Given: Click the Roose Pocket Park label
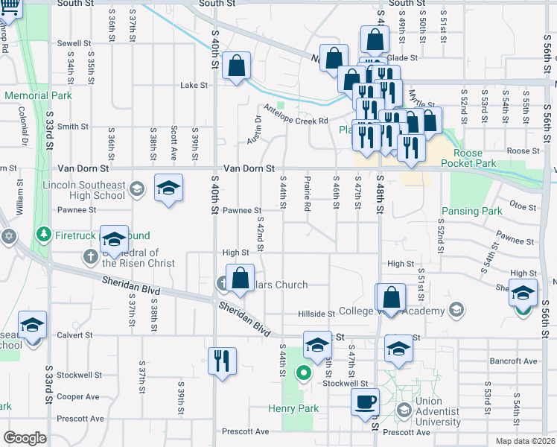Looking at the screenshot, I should pos(468,158).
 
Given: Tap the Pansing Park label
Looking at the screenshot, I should pos(471,212).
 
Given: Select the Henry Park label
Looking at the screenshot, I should pos(294,408).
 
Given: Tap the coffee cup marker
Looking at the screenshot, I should pos(365,402).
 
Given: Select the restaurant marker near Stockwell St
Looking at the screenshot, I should pos(223,361).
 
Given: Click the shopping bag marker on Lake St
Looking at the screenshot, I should pos(237,66).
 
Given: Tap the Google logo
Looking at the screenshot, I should pos(25,438).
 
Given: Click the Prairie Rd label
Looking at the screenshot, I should pos(307,193).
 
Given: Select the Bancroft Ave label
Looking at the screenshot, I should pos(513,361).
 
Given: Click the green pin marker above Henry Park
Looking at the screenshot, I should pos(303,372).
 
